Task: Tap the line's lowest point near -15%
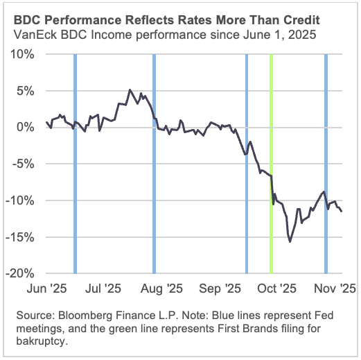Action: pos(290,241)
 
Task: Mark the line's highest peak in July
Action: pos(129,90)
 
